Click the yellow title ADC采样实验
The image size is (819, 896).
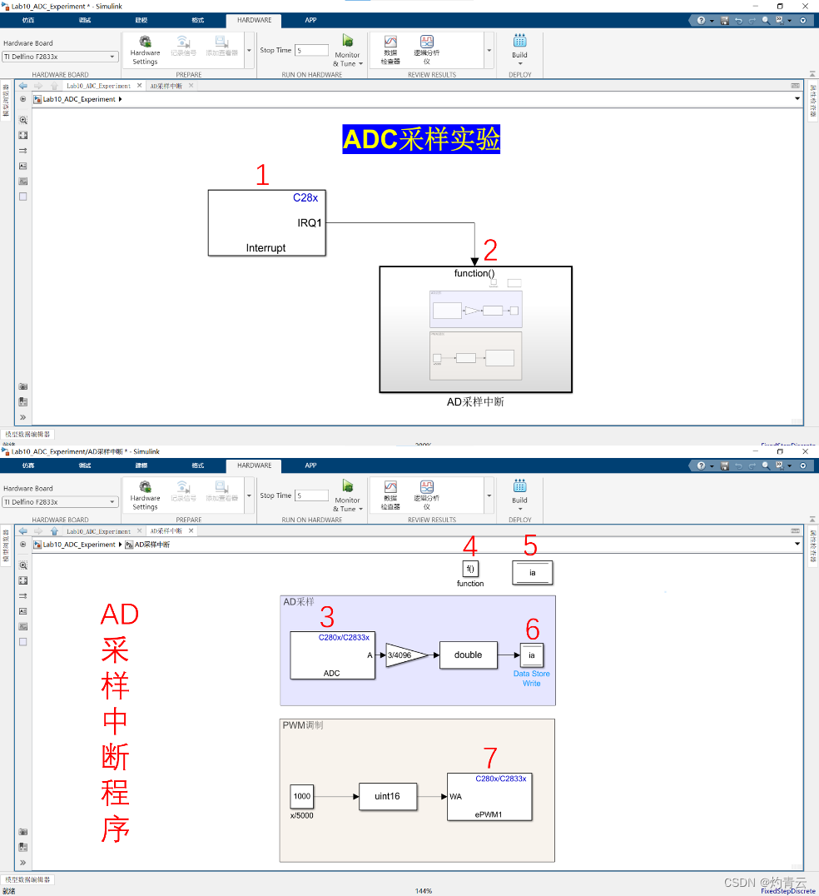(421, 139)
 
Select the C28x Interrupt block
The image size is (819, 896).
(266, 222)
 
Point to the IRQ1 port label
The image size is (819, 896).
(310, 223)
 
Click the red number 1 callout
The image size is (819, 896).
(263, 176)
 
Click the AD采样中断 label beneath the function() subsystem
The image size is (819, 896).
(475, 402)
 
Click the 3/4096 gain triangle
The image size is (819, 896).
(405, 655)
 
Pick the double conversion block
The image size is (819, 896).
(468, 655)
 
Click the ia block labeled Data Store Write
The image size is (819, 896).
(532, 655)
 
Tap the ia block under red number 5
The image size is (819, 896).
(533, 573)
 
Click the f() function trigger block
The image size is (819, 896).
(470, 570)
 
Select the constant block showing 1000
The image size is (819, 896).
(302, 796)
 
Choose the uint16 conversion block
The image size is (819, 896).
(387, 796)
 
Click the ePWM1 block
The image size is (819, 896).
(490, 797)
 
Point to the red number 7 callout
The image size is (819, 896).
(490, 758)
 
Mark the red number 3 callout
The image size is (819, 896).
(328, 617)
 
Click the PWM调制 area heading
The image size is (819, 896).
(303, 725)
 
